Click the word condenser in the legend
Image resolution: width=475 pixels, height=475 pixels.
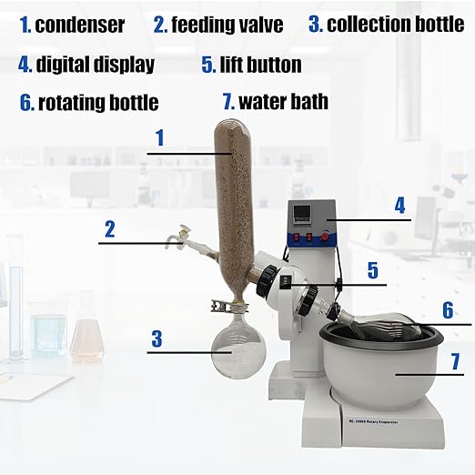pyautogui.click(x=79, y=25)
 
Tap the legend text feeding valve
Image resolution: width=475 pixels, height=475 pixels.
pyautogui.click(x=227, y=25)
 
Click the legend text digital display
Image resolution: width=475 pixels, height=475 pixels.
pyautogui.click(x=95, y=65)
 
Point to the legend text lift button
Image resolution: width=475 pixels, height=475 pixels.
pyautogui.click(x=259, y=65)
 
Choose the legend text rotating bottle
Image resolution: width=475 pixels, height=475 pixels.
pyautogui.click(x=97, y=103)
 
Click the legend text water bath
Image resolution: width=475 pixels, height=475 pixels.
pyautogui.click(x=283, y=100)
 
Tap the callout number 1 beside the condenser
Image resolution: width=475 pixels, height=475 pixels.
pyautogui.click(x=159, y=138)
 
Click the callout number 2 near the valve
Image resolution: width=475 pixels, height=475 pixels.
pyautogui.click(x=109, y=228)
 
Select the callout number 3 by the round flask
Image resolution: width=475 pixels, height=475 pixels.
pyautogui.click(x=157, y=339)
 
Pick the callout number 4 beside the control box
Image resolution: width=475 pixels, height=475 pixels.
pyautogui.click(x=399, y=205)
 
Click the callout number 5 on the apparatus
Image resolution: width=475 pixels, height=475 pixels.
pyautogui.click(x=372, y=269)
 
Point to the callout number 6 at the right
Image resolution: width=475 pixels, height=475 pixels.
pyautogui.click(x=447, y=309)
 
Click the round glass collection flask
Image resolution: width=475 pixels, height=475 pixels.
pyautogui.click(x=238, y=349)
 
